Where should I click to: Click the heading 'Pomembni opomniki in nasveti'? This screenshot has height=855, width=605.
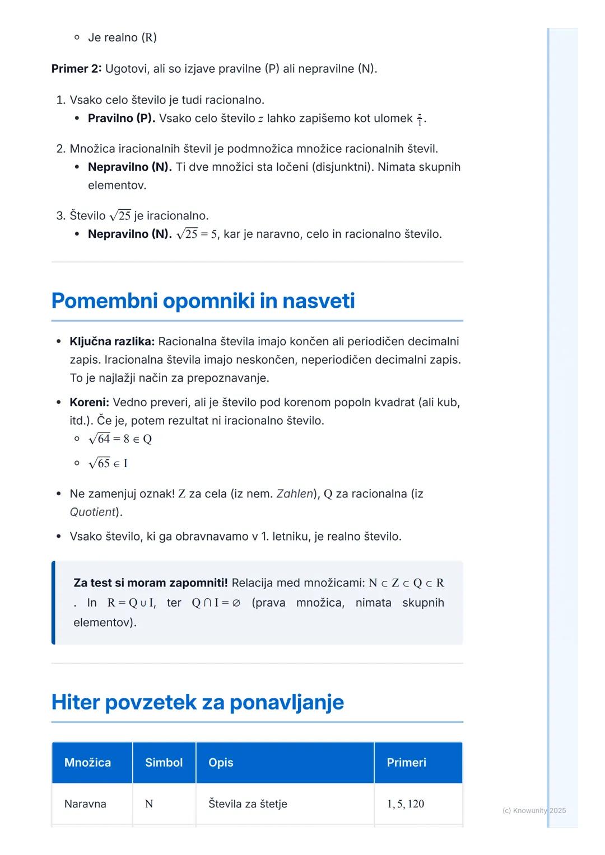[x=203, y=301]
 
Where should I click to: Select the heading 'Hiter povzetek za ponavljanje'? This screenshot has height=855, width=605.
[x=197, y=702]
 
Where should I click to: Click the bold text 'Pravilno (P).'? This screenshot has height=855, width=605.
[x=122, y=118]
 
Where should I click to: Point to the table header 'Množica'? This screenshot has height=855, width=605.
[x=87, y=763]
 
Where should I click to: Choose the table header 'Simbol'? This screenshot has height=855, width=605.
[x=164, y=763]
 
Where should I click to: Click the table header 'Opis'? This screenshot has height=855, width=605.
[x=221, y=763]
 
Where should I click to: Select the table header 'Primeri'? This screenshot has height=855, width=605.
[x=406, y=763]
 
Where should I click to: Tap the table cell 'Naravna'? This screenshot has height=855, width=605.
[x=85, y=804]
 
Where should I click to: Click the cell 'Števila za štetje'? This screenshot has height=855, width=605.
[x=248, y=804]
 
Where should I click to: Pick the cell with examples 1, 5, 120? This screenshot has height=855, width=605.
[x=406, y=804]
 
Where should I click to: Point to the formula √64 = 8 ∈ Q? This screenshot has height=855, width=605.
[x=120, y=439]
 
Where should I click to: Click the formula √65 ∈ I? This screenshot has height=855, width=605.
[x=108, y=463]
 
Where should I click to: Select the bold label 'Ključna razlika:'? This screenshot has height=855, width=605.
[x=112, y=341]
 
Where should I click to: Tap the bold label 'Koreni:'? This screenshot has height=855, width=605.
[x=89, y=402]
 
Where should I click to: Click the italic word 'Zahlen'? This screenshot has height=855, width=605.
[x=294, y=494]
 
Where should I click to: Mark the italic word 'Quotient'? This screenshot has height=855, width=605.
[x=92, y=512]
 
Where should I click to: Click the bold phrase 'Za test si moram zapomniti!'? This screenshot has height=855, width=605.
[x=151, y=583]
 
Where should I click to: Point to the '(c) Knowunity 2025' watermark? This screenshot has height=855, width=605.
[x=534, y=810]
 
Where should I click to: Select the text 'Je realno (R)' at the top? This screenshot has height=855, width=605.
[x=122, y=37]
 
